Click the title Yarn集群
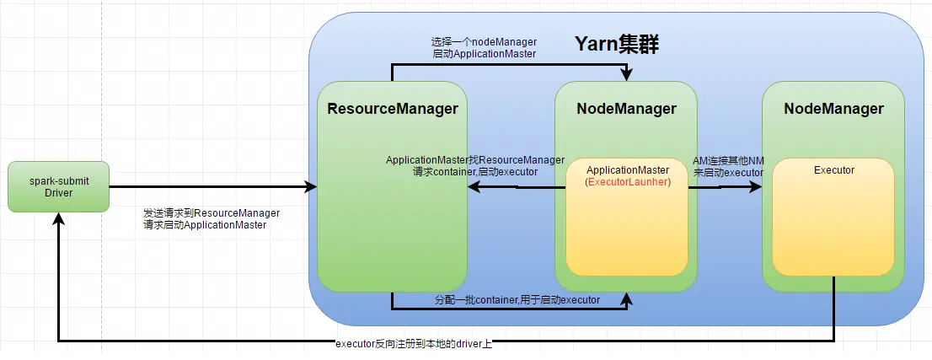tap(616, 46)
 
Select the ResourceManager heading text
tap(392, 109)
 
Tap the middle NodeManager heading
tap(626, 109)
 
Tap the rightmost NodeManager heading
tap(833, 109)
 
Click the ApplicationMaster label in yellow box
tap(627, 170)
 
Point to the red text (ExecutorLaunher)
tap(627, 182)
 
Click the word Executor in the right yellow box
tap(833, 170)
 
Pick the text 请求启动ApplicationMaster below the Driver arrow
tap(206, 225)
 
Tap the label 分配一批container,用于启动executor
tap(517, 300)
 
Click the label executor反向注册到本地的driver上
tap(413, 344)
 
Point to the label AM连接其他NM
tap(728, 159)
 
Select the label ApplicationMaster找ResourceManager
tap(474, 159)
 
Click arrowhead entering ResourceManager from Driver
tap(313, 186)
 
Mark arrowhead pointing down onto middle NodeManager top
tap(626, 78)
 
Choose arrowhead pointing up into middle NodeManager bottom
tap(626, 296)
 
